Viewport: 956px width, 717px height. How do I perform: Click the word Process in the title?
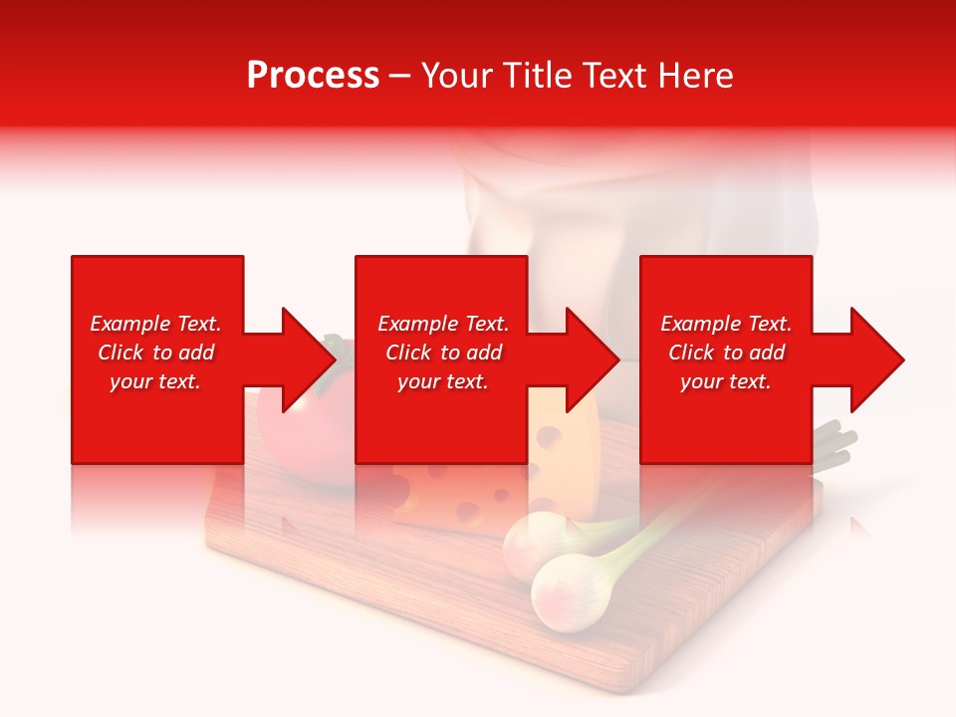coord(313,76)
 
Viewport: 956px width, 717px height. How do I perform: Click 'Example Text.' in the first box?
coord(155,324)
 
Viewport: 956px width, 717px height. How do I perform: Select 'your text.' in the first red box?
coord(155,381)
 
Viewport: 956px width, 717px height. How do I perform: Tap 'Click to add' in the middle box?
coord(443,353)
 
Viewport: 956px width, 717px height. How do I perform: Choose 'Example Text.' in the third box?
coord(726,324)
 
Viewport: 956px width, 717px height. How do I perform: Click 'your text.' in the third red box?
coord(726,381)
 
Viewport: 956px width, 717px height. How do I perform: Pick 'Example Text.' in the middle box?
coord(443,324)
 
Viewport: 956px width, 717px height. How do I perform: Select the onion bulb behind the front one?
coord(528,543)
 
